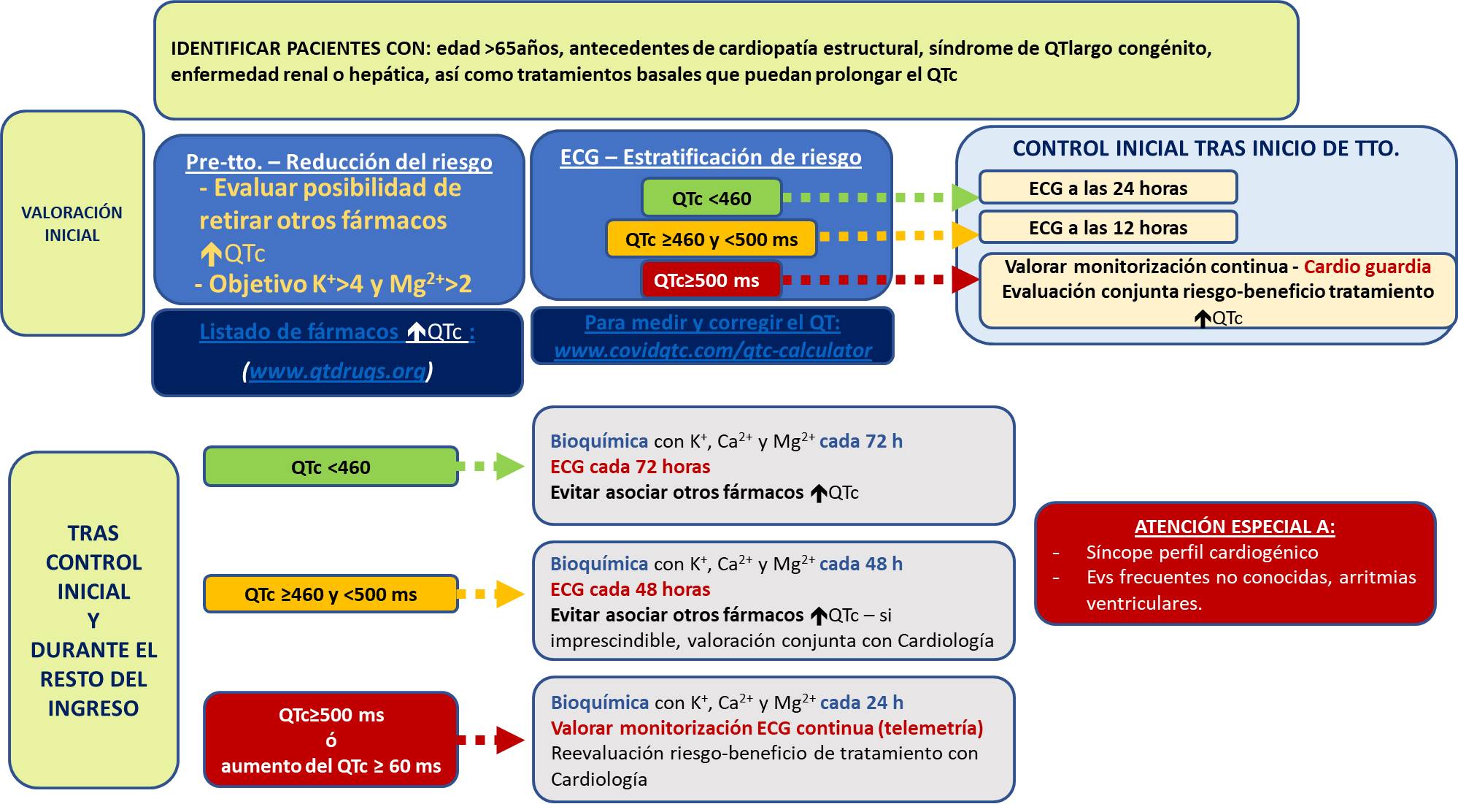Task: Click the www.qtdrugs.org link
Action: (x=337, y=371)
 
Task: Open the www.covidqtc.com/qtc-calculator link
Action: (x=713, y=351)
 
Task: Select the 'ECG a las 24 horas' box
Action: (x=1108, y=188)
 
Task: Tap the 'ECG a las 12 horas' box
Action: (x=1108, y=228)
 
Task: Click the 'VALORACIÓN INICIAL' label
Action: (x=72, y=223)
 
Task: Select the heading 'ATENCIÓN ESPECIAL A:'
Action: (x=1235, y=527)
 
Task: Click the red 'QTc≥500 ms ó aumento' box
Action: (x=331, y=740)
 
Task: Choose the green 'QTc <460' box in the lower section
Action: (x=331, y=467)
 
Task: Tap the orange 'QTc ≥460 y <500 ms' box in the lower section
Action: (x=331, y=594)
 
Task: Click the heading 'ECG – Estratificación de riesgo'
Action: (x=711, y=157)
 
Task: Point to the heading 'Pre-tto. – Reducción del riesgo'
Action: (x=339, y=161)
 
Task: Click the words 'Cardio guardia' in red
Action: (x=1367, y=267)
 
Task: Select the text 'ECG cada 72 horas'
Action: (x=630, y=467)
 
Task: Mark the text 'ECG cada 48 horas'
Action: (x=630, y=589)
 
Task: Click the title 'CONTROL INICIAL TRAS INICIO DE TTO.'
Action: (x=1206, y=148)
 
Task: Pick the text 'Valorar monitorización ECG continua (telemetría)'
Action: (x=766, y=728)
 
